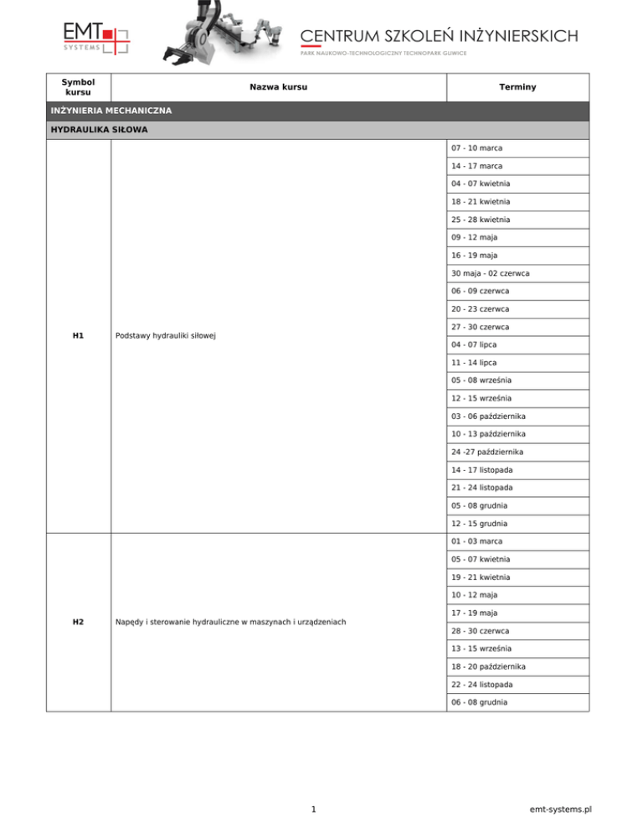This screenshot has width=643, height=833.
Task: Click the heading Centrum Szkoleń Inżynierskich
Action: coord(439,35)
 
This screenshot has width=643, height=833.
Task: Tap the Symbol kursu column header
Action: coord(78,87)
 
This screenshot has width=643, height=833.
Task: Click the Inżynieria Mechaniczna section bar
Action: coord(111,111)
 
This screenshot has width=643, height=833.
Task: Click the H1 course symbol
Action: coord(78,335)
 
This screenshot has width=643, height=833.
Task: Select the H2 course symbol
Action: coord(78,621)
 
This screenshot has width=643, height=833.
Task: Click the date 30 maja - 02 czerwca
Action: coord(495,273)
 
